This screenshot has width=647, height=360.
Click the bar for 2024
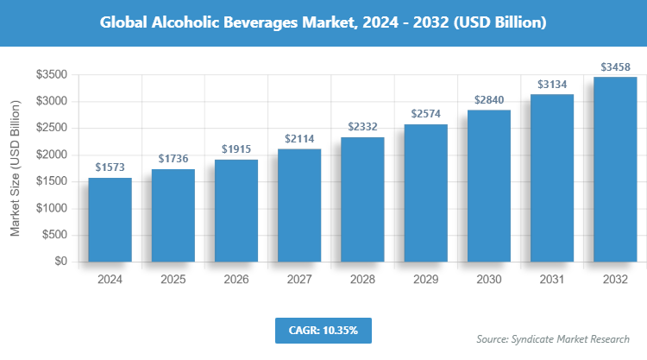110,219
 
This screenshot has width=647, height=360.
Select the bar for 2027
299,205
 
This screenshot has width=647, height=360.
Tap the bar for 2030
489,186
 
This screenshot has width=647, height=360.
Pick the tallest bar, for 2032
615,169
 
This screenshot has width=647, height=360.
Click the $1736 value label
173,159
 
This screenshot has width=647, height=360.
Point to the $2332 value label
363,127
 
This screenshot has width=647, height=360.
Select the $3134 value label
552,84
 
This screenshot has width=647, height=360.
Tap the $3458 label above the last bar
615,66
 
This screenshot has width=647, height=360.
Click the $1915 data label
236,149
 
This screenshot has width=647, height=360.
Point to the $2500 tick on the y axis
52,129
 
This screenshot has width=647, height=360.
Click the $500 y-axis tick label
55,235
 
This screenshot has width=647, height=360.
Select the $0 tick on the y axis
60,262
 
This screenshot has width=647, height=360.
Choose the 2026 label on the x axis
236,280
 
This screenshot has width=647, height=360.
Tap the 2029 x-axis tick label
426,280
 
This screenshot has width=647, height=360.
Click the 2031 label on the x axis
552,280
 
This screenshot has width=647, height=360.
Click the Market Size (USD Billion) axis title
16,169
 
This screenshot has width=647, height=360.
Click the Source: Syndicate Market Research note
552,338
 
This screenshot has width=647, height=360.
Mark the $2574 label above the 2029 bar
426,114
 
